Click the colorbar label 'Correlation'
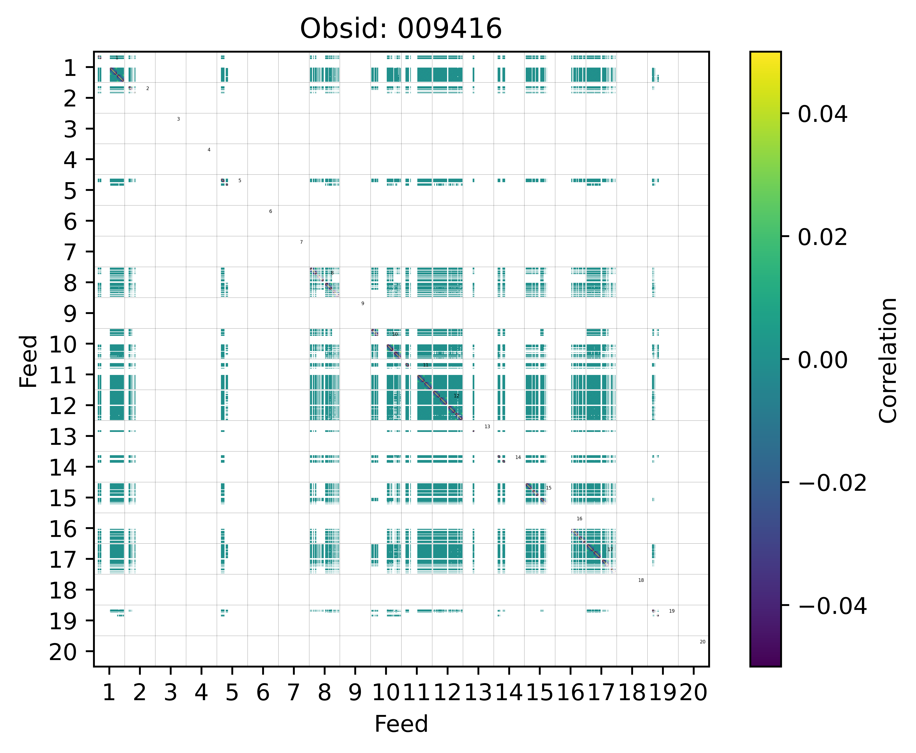pos(888,360)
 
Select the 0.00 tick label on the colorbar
pos(822,360)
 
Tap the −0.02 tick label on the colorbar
pos(832,483)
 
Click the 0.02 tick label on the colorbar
pos(822,237)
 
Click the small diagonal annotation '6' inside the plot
pos(270,211)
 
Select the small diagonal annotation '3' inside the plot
pos(178,119)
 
